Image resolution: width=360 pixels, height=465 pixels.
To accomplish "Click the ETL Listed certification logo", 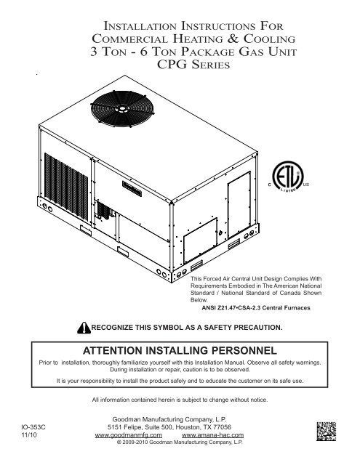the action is pyautogui.click(x=288, y=177).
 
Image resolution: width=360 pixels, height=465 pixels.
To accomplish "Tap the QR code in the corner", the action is pyautogui.click(x=326, y=431).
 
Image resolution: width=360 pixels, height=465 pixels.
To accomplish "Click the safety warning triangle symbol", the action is pyautogui.click(x=84, y=328).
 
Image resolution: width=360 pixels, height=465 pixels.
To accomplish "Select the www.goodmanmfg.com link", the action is pyautogui.click(x=129, y=435).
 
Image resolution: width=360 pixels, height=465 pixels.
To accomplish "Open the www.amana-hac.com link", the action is pyautogui.click(x=212, y=435).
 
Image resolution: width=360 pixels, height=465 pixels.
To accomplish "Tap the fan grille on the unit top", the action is pyautogui.click(x=122, y=109).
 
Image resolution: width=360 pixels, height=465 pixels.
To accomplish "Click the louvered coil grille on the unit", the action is pyautogui.click(x=66, y=187).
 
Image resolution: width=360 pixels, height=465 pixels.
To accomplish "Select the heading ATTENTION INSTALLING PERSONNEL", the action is pyautogui.click(x=180, y=350).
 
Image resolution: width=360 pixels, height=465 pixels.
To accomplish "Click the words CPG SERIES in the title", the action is pyautogui.click(x=193, y=65).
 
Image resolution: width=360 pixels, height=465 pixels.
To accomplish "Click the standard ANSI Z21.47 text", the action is pyautogui.click(x=219, y=308).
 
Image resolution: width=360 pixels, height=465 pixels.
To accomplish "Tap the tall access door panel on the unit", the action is pyautogui.click(x=239, y=205).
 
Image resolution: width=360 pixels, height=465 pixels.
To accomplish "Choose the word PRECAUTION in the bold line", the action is pyautogui.click(x=258, y=328).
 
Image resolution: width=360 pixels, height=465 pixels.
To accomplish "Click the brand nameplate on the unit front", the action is pyautogui.click(x=132, y=189).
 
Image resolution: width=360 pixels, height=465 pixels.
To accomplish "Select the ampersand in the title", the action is pyautogui.click(x=233, y=39).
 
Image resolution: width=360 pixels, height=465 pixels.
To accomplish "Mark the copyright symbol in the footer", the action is pyautogui.click(x=119, y=442).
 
